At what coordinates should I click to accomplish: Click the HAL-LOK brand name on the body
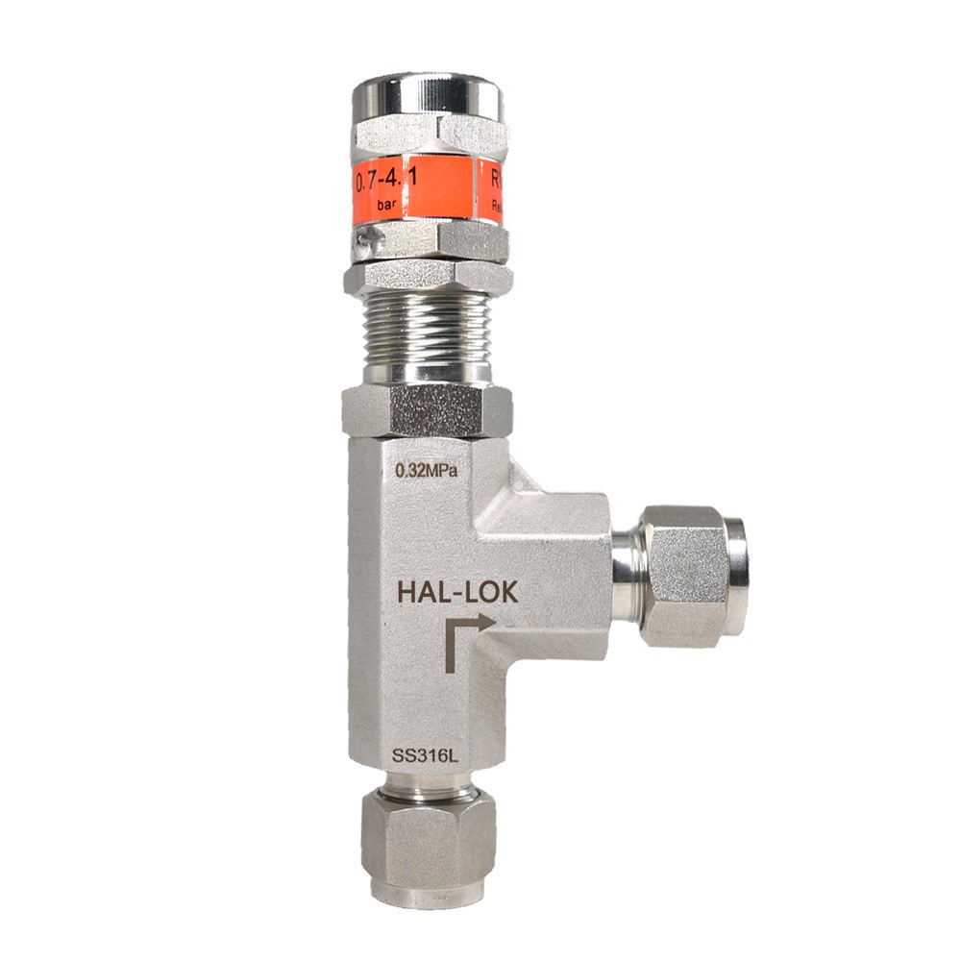(x=457, y=593)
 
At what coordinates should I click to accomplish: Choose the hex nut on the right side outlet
(x=684, y=576)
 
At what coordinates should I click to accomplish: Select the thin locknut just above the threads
(x=428, y=278)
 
